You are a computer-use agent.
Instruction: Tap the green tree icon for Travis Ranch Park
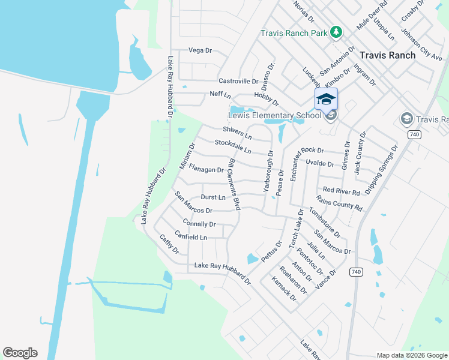coord(337,32)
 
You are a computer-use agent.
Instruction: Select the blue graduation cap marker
coord(326,99)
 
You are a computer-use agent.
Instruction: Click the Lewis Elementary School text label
coord(275,115)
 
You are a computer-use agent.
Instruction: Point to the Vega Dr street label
coord(200,50)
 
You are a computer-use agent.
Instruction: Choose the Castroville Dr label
coord(238,81)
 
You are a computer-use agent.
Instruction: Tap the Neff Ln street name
coord(220,95)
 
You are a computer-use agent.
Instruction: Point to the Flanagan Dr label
coord(206,170)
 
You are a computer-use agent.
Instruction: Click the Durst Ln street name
coord(213,197)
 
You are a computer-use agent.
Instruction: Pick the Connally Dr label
coord(199,224)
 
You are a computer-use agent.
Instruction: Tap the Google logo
coord(20,353)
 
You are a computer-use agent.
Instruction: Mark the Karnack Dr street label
coord(283,288)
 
